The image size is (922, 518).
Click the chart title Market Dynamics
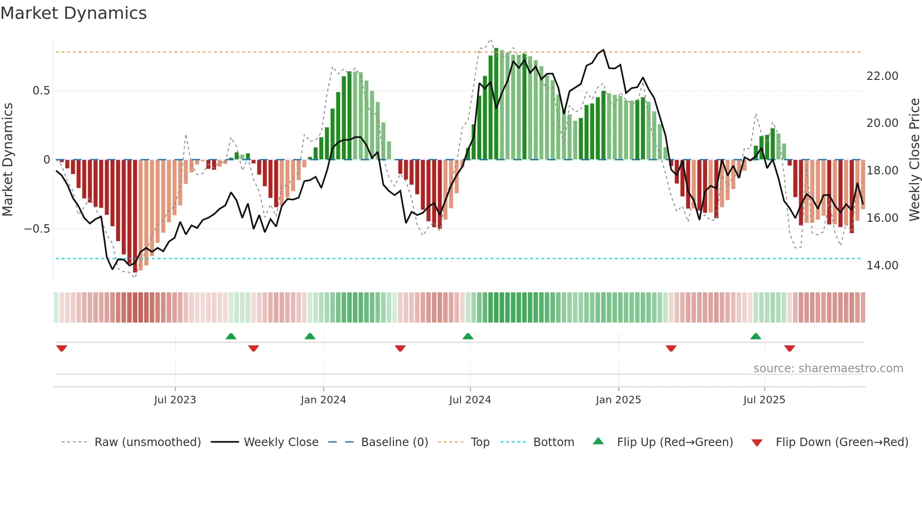[74, 13]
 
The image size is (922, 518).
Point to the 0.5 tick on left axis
[41, 91]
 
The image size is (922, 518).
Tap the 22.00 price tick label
[882, 76]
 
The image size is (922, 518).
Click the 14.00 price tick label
[882, 266]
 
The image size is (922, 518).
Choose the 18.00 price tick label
[882, 171]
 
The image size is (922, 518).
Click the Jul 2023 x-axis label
[175, 400]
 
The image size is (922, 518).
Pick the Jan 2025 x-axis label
[618, 400]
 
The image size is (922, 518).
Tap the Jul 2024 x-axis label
[470, 400]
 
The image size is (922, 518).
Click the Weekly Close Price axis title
[914, 159]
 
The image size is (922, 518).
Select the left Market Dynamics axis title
[8, 159]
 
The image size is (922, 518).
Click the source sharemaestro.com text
[828, 369]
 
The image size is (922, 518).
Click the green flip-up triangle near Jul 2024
[468, 336]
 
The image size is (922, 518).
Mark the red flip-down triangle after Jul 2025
[789, 348]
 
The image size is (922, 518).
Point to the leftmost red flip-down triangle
[62, 348]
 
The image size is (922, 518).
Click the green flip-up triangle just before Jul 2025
[755, 336]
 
